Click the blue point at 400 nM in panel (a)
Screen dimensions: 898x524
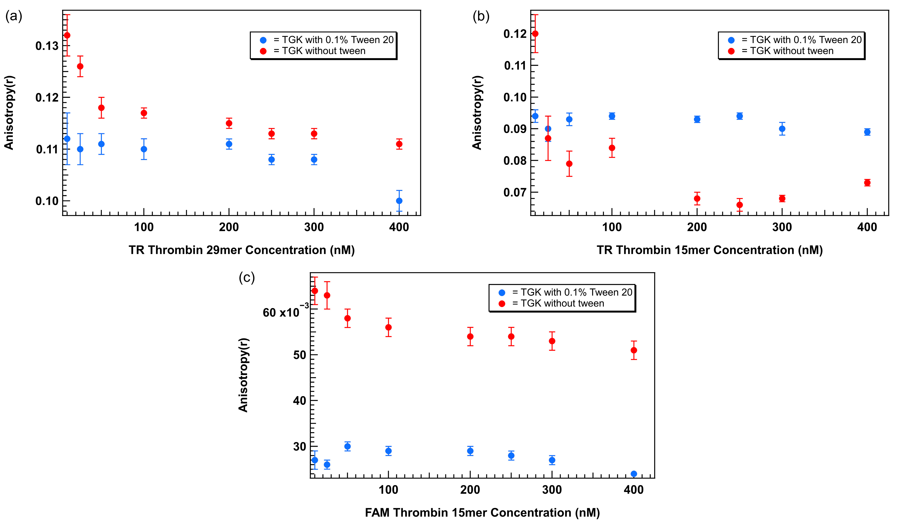[399, 201]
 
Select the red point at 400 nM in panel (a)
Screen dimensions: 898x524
[399, 144]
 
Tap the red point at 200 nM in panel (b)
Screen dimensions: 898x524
[697, 199]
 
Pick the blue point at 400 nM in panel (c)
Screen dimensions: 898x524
[634, 474]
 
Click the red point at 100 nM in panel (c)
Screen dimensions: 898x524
[389, 327]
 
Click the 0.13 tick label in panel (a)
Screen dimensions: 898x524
[47, 46]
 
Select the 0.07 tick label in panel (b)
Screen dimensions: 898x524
[515, 193]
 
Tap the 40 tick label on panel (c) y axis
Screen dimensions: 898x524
[299, 401]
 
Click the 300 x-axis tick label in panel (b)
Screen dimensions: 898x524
[782, 227]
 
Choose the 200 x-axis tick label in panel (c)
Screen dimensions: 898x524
[470, 490]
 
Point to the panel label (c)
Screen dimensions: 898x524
[247, 277]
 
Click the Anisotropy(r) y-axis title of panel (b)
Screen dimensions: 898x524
[477, 113]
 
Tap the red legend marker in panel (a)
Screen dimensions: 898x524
[263, 51]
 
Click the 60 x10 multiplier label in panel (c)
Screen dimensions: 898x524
[286, 311]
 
